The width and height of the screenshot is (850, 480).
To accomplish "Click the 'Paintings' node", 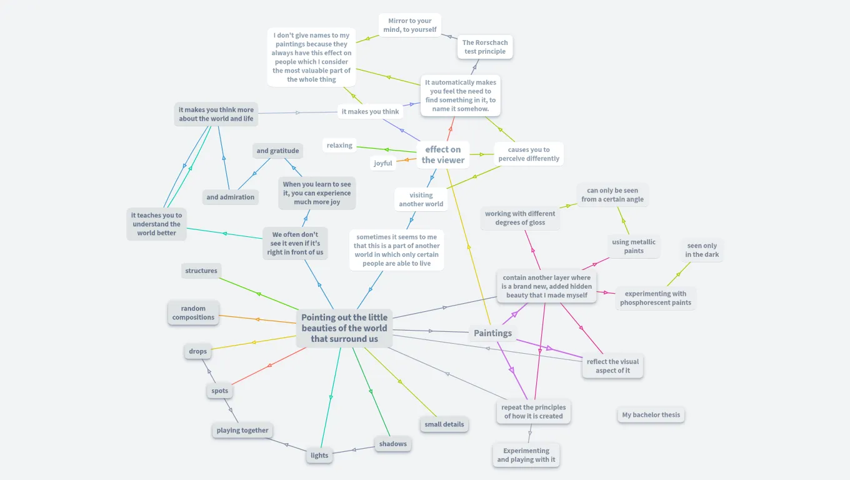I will click(492, 333).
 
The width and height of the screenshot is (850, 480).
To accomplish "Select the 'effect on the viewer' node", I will click(442, 154).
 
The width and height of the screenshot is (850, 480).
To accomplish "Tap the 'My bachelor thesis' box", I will click(651, 415).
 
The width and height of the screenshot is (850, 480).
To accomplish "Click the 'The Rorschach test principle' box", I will click(485, 47).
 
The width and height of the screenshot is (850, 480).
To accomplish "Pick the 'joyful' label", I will click(383, 164).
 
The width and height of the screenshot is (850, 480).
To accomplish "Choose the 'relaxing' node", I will click(339, 146).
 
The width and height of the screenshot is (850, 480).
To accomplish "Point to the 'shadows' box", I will click(393, 444).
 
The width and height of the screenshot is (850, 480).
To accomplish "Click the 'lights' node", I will click(319, 456).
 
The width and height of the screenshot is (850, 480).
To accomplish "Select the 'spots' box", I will click(220, 391).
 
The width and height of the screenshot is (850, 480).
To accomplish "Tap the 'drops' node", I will click(198, 351).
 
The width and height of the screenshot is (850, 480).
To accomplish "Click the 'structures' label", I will click(201, 271).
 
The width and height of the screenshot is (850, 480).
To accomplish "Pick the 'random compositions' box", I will click(194, 313).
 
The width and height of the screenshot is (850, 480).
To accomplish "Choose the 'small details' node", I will click(444, 424).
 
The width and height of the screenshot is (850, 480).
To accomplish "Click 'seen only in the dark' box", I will click(702, 251).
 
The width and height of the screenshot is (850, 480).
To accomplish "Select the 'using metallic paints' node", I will click(634, 247).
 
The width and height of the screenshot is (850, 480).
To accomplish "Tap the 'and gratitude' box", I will click(277, 151).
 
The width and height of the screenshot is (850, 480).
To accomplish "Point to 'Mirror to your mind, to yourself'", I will click(410, 25).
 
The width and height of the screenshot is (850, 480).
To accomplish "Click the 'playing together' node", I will click(242, 431).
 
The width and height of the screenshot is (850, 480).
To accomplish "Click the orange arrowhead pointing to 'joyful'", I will click(404, 160).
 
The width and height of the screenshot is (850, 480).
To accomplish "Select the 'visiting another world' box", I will click(421, 199).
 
